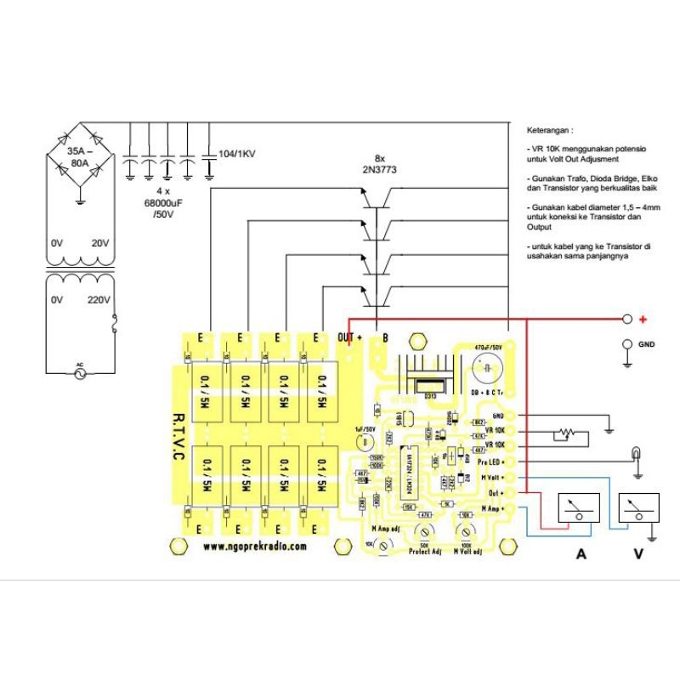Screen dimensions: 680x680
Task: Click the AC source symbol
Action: click(x=82, y=372)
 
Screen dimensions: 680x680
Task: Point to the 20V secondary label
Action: click(x=99, y=243)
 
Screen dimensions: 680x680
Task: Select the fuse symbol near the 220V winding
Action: click(x=115, y=325)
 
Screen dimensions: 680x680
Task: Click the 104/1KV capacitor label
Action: click(x=237, y=153)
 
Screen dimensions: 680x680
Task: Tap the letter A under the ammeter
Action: click(x=581, y=554)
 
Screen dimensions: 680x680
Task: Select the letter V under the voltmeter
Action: click(x=637, y=554)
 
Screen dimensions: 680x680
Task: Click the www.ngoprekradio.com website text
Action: click(x=255, y=547)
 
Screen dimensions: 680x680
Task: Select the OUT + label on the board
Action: click(x=350, y=337)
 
